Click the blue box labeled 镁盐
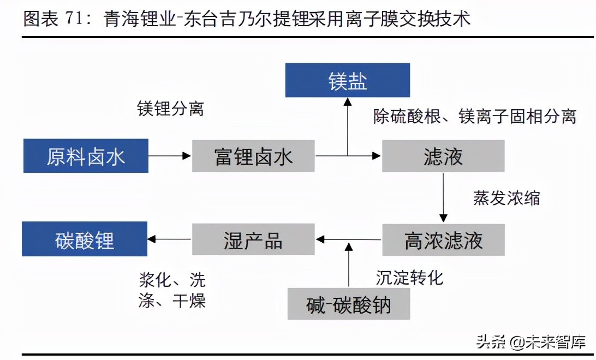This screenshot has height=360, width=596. tap(348, 81)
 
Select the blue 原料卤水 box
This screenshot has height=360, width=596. tap(86, 156)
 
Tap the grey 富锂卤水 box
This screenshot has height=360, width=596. tap(253, 156)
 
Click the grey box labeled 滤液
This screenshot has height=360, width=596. tap(443, 156)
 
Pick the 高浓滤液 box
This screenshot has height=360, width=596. tap(443, 239)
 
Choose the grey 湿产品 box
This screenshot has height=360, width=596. tap(253, 239)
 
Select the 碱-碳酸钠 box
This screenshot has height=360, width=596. tap(349, 304)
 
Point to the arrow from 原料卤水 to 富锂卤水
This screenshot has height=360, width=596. tap(170, 156)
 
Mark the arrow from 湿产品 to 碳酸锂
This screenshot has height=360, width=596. tap(170, 239)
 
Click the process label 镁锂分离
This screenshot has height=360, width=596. tap(170, 109)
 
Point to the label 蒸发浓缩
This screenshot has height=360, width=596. tap(506, 197)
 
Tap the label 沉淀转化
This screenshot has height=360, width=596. tap(409, 278)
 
